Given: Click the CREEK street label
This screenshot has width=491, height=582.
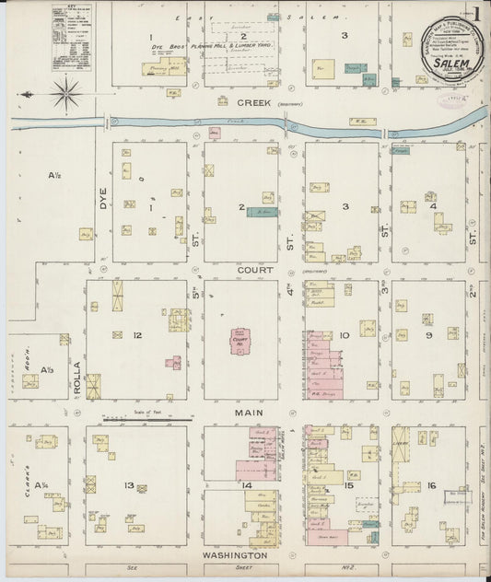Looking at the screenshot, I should click(x=254, y=103).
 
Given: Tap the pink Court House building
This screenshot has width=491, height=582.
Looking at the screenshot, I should click(x=241, y=340).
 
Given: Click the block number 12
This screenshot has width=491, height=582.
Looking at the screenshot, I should click(x=136, y=335).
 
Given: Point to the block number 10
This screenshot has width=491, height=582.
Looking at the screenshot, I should click(x=344, y=335).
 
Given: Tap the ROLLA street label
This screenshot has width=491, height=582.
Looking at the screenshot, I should click(x=78, y=377).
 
